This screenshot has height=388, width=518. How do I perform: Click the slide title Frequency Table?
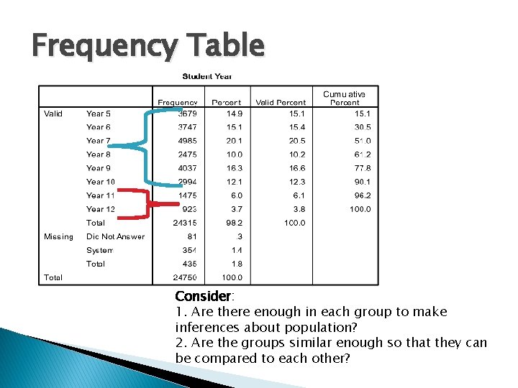(x=148, y=46)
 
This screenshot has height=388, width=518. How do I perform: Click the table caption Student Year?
(x=207, y=76)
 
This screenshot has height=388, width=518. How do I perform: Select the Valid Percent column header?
(x=281, y=102)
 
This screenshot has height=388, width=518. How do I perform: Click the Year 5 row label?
(x=99, y=114)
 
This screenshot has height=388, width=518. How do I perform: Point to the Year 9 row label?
(x=99, y=168)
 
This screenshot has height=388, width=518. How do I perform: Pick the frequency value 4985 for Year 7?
(x=187, y=141)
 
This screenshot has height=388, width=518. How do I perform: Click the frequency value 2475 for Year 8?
(x=187, y=154)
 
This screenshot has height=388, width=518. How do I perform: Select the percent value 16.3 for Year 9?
(x=235, y=168)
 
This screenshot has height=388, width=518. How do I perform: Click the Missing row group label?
(x=58, y=236)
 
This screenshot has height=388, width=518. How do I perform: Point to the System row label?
(x=100, y=250)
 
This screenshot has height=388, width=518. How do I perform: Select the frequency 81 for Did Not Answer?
(x=192, y=236)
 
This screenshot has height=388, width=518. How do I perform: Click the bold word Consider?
(x=202, y=296)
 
